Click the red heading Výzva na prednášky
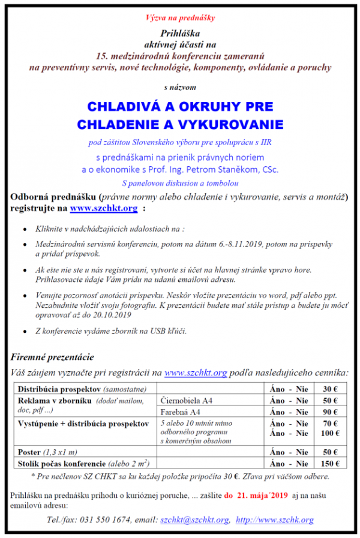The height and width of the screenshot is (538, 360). pos(180,17)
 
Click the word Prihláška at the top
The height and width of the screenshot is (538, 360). pos(180,32)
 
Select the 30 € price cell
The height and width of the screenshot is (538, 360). pos(329,389)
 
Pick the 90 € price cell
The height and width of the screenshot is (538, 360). pos(329,412)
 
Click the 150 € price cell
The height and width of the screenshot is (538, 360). pos(329,463)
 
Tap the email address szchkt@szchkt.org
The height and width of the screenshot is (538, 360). pos(194,520)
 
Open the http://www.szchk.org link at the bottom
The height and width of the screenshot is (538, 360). pos(274,520)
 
